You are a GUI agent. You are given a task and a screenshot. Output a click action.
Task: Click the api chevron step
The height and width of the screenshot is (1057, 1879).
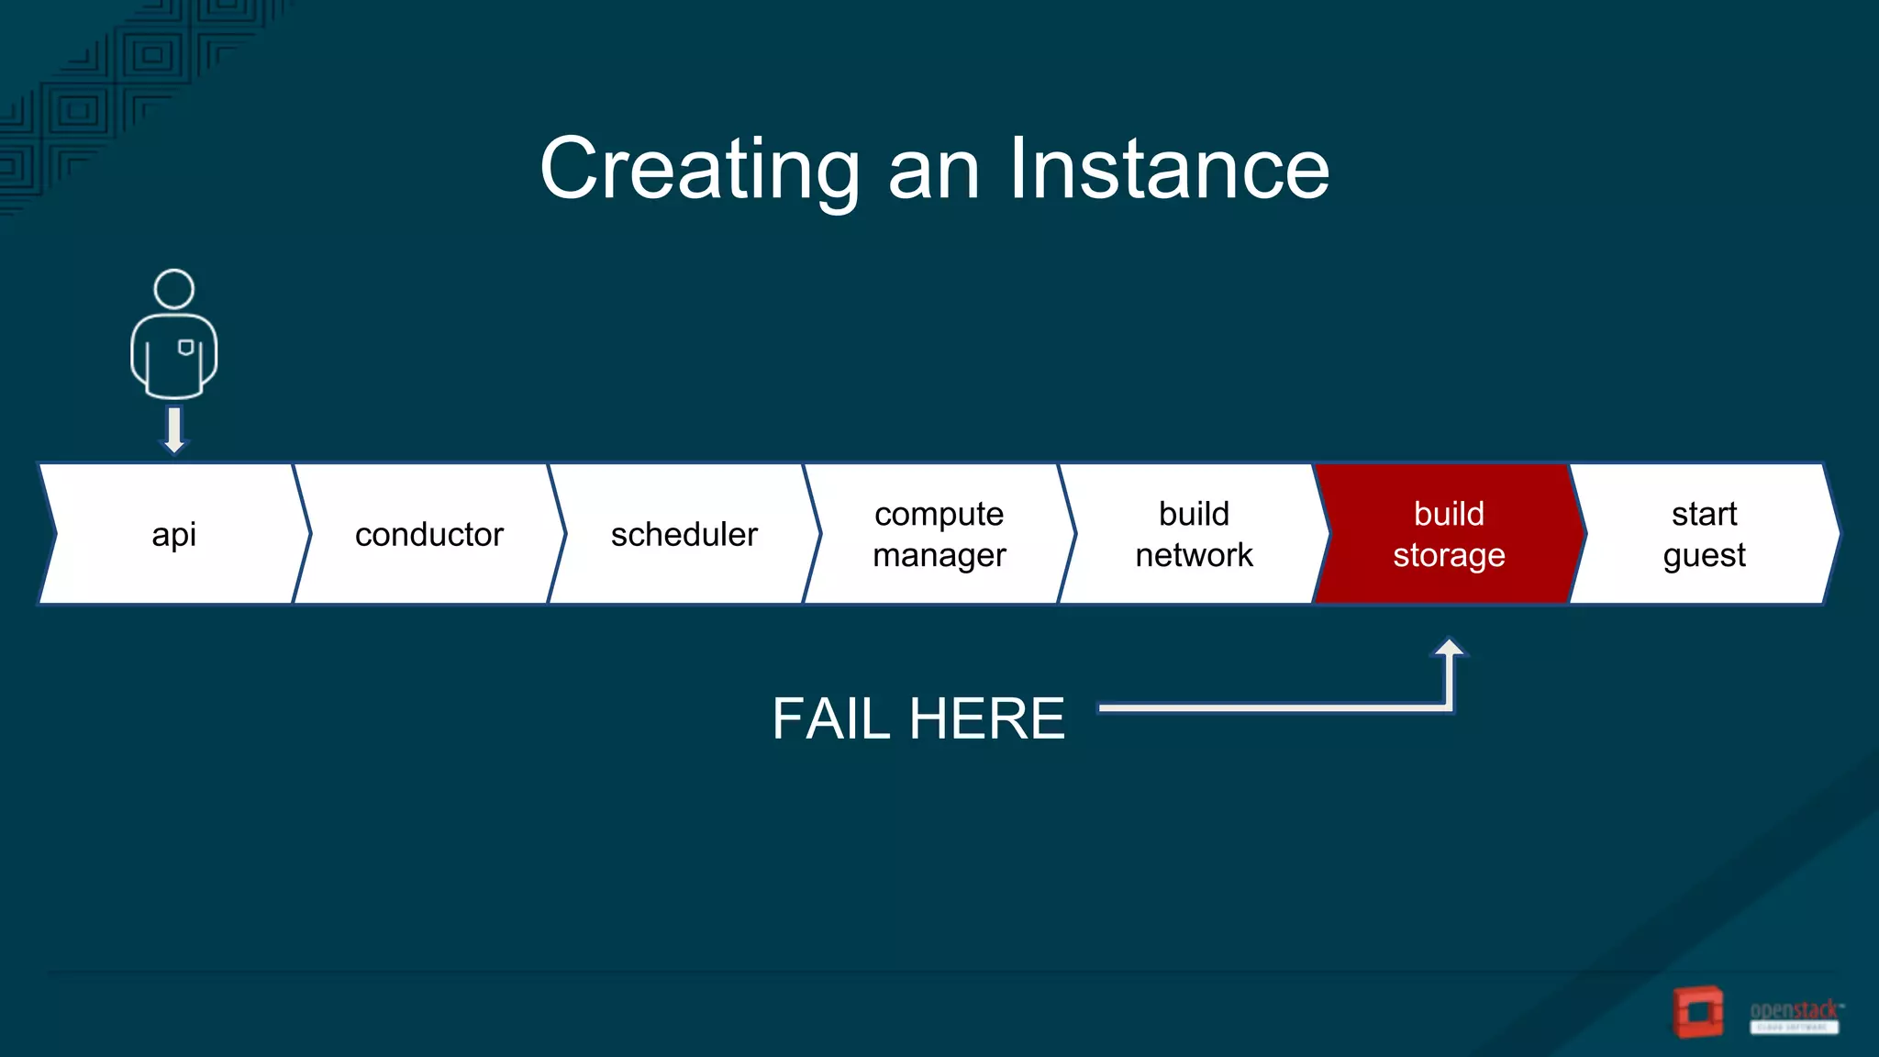pyautogui.click(x=173, y=534)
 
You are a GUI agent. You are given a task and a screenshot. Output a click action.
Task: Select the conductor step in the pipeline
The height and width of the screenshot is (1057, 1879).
pyautogui.click(x=428, y=534)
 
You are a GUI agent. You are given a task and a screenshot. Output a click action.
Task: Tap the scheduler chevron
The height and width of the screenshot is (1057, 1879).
pyautogui.click(x=684, y=534)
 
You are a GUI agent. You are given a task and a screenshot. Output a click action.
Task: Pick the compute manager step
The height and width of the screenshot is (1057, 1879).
pyautogui.click(x=939, y=534)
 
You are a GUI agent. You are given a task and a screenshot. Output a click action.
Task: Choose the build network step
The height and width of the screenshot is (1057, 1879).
pyautogui.click(x=1194, y=534)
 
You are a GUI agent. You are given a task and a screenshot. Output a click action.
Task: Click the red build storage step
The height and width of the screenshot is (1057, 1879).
pyautogui.click(x=1449, y=534)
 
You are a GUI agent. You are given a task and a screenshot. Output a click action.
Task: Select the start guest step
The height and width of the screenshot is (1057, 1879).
pyautogui.click(x=1704, y=534)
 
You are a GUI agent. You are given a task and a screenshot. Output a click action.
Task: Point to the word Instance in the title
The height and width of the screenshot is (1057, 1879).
pyautogui.click(x=1169, y=169)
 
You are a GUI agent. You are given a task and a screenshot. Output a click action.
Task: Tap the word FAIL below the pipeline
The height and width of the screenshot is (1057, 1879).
pyautogui.click(x=830, y=718)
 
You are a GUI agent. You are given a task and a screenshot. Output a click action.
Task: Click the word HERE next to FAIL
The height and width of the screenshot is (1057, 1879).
pyautogui.click(x=987, y=718)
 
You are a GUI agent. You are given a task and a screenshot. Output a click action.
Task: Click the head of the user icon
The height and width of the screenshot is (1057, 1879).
pyautogui.click(x=173, y=289)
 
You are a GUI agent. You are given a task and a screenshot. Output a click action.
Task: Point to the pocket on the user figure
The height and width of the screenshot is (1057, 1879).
pyautogui.click(x=185, y=347)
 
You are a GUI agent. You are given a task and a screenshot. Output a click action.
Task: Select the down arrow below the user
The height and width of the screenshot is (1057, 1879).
pyautogui.click(x=173, y=429)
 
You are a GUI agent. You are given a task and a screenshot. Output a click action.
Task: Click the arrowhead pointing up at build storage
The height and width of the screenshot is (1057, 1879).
pyautogui.click(x=1449, y=649)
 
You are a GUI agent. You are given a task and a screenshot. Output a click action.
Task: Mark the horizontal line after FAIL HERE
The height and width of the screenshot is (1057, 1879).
pyautogui.click(x=1266, y=707)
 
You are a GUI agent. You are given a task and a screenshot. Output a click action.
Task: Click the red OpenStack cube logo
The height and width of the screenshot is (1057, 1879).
pyautogui.click(x=1698, y=1011)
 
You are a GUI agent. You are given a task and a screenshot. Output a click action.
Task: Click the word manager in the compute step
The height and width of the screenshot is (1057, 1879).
pyautogui.click(x=939, y=555)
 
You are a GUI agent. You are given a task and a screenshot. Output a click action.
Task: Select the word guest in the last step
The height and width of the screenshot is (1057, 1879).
pyautogui.click(x=1704, y=555)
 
